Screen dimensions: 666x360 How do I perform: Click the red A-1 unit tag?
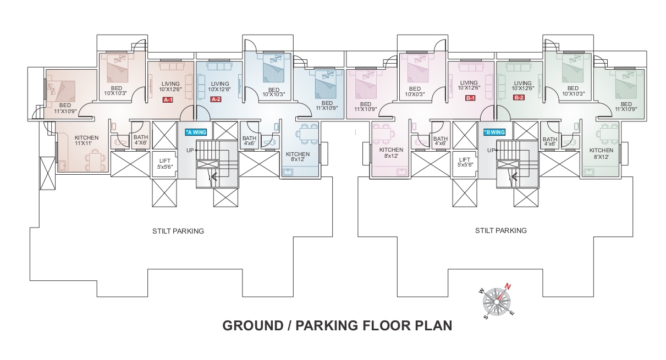pos(168,100)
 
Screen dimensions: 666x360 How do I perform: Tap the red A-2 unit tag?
pos(216,99)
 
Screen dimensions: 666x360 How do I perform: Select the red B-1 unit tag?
pos(470,98)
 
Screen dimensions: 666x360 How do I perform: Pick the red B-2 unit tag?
pos(519,97)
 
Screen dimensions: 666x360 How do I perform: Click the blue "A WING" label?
pos(196,132)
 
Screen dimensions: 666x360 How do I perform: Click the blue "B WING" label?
pos(494,132)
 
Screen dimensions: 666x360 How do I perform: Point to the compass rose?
pos(497,302)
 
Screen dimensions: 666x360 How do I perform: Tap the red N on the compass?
pos(508,287)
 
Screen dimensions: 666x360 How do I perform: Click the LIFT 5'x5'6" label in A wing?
pos(165,164)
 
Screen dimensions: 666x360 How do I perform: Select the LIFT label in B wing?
pos(465,162)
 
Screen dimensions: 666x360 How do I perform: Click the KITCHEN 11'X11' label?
pos(86,141)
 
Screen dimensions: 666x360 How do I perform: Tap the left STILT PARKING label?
pos(178,231)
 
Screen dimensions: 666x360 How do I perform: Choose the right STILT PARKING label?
pos(500,230)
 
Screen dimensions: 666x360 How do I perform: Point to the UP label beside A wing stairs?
pos(190,151)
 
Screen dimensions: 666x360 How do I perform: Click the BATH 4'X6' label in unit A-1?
pos(141,140)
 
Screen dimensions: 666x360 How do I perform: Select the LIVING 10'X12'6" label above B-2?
pos(522,86)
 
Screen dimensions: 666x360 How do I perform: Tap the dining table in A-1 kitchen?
pos(95,162)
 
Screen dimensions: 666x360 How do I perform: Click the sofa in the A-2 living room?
pos(220,65)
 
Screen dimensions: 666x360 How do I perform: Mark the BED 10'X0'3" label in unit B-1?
pos(415,91)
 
